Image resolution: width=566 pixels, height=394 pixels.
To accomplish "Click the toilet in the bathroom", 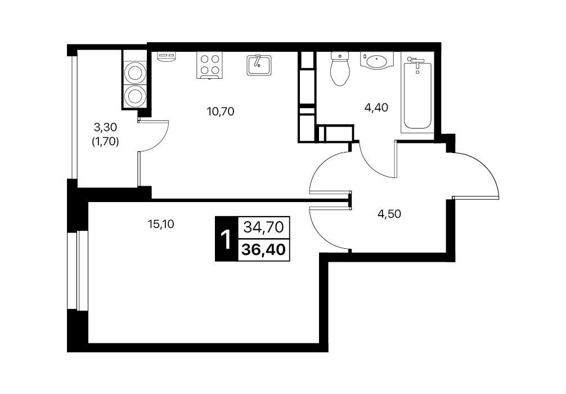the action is click(340, 69).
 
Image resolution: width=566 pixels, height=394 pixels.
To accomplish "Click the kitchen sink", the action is click(259, 65).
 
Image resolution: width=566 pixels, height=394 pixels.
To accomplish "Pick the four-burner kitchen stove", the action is click(209, 65).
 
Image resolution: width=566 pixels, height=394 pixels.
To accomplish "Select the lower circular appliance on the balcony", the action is click(134, 96).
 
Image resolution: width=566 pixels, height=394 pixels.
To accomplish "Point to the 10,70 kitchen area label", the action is click(221, 111).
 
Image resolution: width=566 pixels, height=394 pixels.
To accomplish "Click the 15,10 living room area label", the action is click(161, 224).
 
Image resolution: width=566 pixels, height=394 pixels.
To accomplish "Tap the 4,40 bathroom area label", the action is click(376, 108).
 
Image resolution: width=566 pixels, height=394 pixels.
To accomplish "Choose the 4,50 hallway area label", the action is click(389, 214).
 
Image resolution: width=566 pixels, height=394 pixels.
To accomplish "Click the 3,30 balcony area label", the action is click(105, 127).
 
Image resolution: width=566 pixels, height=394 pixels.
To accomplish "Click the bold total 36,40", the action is click(264, 249).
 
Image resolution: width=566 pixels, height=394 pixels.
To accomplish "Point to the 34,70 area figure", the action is click(264, 227).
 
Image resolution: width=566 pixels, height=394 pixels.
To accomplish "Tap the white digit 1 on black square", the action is click(226, 239).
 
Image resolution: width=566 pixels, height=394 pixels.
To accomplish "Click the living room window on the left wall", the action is click(78, 270).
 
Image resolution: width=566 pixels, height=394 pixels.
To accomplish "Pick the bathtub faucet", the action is click(415, 62).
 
